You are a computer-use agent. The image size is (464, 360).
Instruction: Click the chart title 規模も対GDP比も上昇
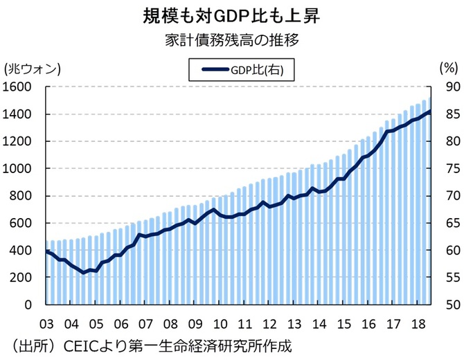[x=232, y=15]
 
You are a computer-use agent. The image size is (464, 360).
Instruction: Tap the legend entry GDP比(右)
[x=240, y=69]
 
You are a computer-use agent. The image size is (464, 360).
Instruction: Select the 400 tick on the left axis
[x=20, y=250]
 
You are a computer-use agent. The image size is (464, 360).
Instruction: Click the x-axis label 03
[x=48, y=324]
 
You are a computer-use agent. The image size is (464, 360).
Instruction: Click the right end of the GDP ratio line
[x=429, y=111]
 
